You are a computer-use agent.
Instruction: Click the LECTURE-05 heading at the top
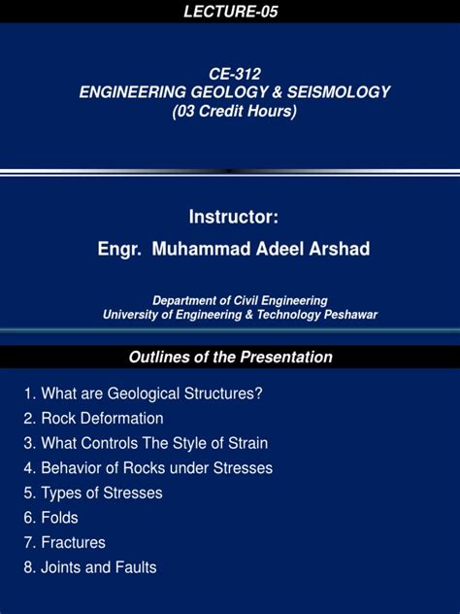230,11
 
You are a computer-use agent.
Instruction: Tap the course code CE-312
234,74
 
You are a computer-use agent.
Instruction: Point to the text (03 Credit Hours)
234,111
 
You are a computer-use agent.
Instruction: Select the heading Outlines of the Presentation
230,358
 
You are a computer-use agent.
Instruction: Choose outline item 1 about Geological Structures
144,393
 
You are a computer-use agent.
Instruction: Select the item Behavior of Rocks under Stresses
148,468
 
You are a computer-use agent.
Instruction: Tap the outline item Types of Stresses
94,493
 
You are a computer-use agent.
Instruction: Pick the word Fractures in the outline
73,542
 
